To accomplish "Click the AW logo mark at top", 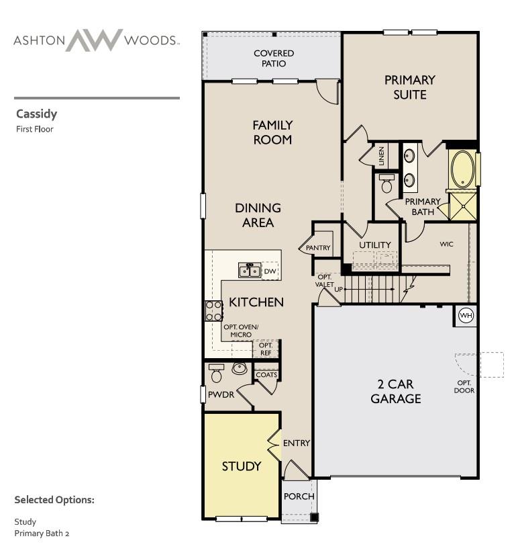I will coord(95,40).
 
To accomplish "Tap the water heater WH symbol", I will coord(465,315).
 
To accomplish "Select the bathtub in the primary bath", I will coord(462,169).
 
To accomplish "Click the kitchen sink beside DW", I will coord(250,270).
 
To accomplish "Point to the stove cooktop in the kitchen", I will coord(213,310).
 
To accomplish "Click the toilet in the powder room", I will coord(216,373).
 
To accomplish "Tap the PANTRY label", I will coord(318,248).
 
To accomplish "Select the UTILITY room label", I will coord(374,245).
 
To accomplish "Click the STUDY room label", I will coord(241,466).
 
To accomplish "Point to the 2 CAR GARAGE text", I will coord(396,392).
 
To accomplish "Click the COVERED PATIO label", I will coord(273,58).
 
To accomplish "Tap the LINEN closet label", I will coord(382,156).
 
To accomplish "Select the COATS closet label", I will coord(266,375).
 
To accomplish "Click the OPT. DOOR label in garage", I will coord(464,386).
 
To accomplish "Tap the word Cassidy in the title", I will coord(36,114).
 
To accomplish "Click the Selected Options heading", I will coord(54,500).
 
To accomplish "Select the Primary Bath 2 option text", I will coord(42,533).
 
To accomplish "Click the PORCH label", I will coord(299,497).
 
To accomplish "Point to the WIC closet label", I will coord(446,244).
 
